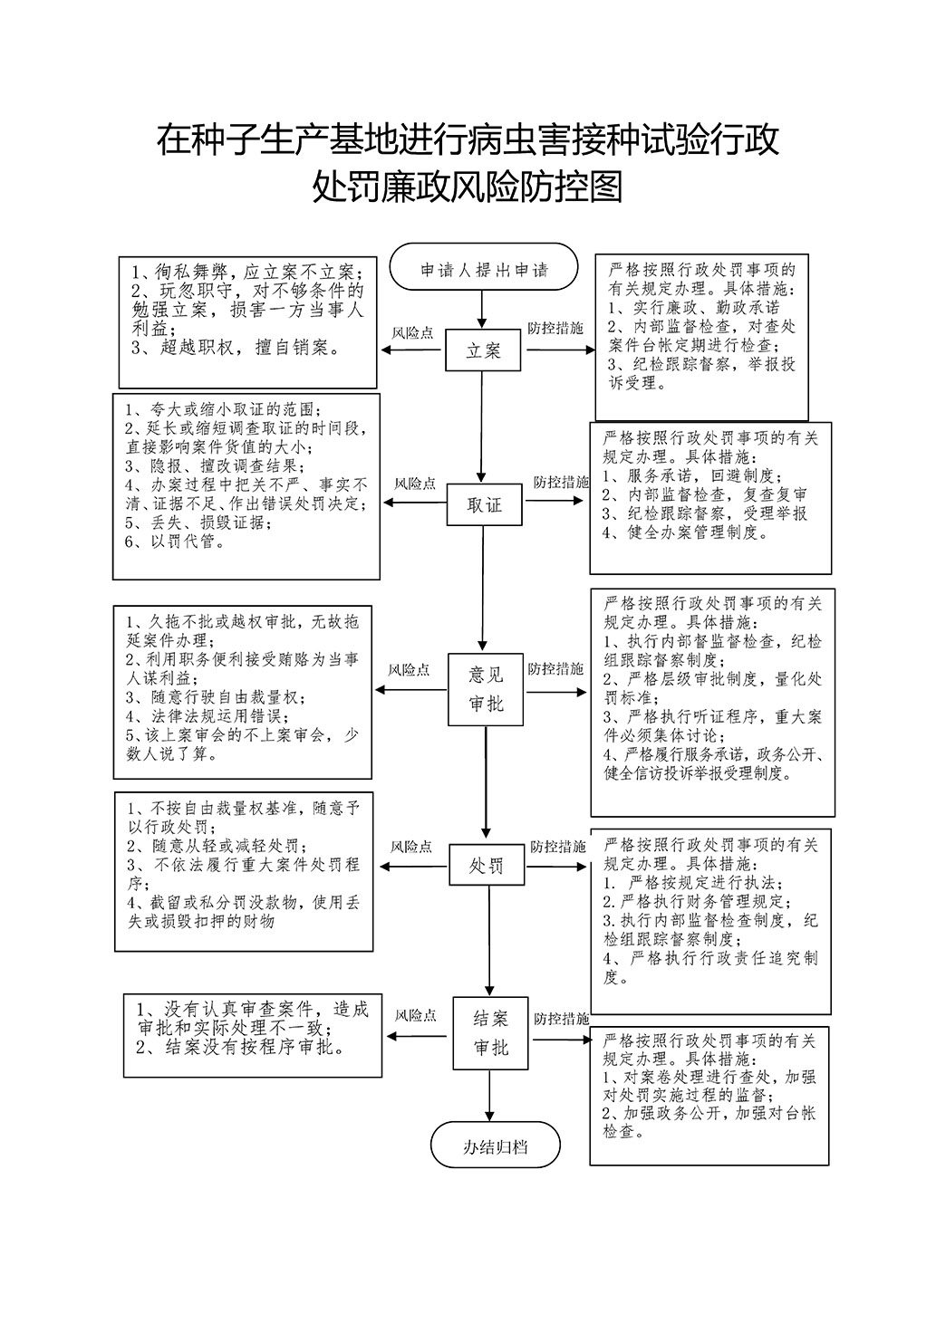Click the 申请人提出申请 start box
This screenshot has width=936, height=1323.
click(483, 266)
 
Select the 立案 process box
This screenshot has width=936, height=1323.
click(483, 350)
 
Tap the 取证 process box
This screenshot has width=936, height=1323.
click(484, 504)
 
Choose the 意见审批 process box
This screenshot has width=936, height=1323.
click(486, 689)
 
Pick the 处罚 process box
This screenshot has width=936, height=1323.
click(487, 865)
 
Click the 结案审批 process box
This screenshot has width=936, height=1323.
click(490, 1033)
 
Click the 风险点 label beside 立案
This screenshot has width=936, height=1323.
click(412, 333)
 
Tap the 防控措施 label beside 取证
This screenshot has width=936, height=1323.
click(562, 482)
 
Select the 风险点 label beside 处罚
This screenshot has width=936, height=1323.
click(411, 847)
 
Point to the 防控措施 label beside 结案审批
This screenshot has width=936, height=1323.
click(562, 1018)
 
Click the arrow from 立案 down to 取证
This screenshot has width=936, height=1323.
click(481, 427)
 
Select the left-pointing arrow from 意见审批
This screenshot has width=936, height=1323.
click(411, 690)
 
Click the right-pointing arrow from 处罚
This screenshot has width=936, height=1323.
click(555, 867)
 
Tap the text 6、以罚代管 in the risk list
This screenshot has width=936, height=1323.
click(174, 541)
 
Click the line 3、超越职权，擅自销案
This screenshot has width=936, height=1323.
click(236, 348)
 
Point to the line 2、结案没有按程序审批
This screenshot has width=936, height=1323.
click(240, 1048)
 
